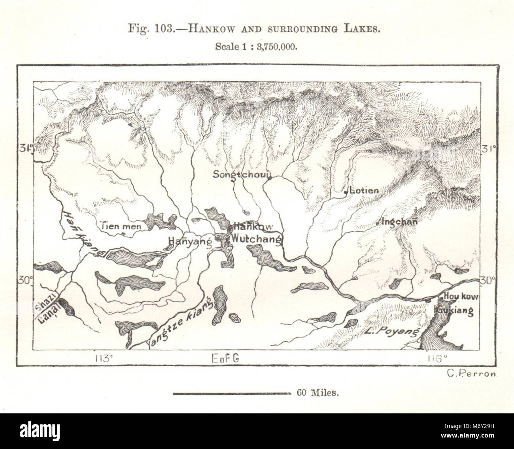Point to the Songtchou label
tap(241, 174)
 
